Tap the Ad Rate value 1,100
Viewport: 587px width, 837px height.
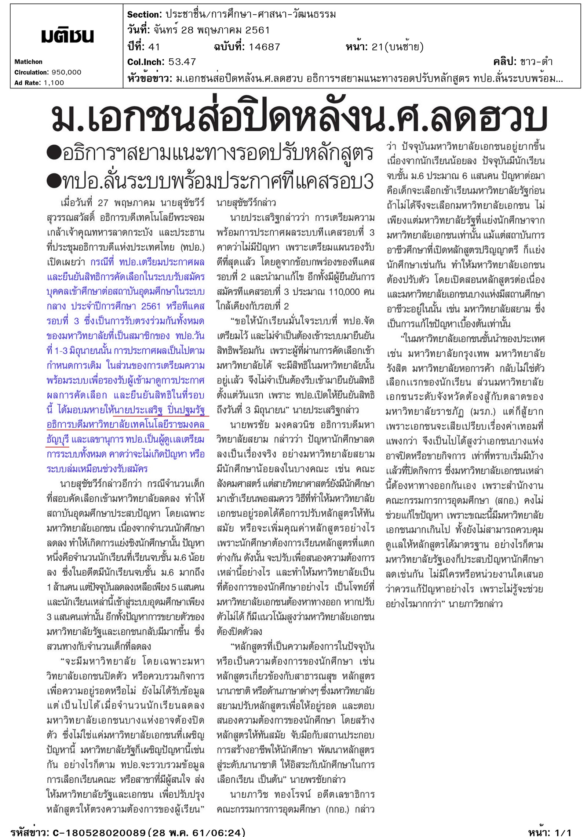[54, 83]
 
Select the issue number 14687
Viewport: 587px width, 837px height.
[264, 47]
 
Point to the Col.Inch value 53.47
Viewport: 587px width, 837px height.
[182, 62]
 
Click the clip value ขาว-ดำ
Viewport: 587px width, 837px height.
[536, 62]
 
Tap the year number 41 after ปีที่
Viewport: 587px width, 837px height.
[154, 47]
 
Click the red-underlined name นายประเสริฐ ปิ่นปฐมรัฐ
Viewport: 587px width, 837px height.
[160, 410]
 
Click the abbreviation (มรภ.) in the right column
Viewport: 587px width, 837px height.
[485, 412]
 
